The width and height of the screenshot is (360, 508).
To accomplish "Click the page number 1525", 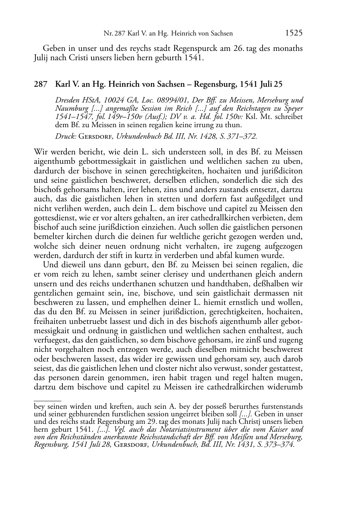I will point(294,33).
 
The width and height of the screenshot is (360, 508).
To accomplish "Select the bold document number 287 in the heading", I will point(40,85).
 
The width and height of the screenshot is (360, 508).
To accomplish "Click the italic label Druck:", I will point(66,136).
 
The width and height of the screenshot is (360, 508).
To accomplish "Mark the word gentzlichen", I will point(52,293).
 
